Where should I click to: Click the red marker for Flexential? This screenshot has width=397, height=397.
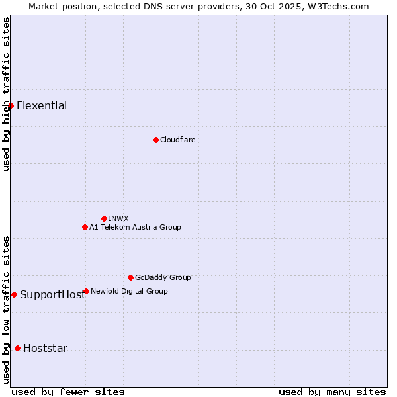pos(11,105)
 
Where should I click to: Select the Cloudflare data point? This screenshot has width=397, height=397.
pos(155,140)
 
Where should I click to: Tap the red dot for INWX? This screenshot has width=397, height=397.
pos(104,218)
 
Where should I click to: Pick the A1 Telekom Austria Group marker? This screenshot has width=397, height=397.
pos(85,227)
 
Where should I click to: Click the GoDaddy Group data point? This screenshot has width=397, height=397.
pos(130,277)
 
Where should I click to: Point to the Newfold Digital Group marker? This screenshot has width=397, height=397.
pos(86,291)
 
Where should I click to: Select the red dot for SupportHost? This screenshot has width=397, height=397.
pos(14,294)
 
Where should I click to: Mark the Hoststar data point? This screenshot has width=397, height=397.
pos(17,348)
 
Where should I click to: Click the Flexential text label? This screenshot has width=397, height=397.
pos(42,105)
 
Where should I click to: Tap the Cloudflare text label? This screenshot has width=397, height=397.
pos(177,140)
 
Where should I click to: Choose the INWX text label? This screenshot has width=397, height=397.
pos(118,218)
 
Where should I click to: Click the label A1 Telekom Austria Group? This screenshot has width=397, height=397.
pos(135,227)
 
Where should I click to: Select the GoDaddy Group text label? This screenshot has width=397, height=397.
pos(163,277)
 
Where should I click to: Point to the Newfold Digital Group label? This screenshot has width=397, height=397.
pos(129,291)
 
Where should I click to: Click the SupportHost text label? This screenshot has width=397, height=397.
pos(52,295)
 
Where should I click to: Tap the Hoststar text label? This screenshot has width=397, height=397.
pos(45,349)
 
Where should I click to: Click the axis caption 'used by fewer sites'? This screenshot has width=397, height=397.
pos(68,392)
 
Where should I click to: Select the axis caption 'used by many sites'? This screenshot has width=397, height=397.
pos(332,392)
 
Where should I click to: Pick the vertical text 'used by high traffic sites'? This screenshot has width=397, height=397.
pos(6,94)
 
